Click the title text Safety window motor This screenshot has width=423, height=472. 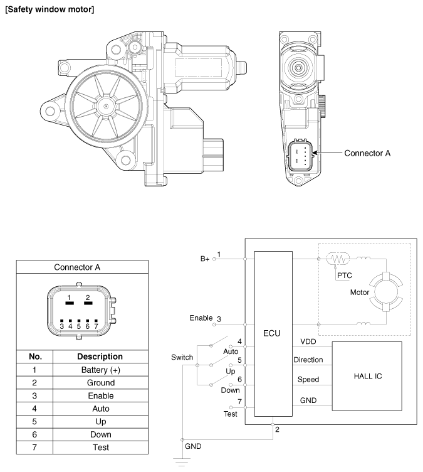click(x=50, y=9)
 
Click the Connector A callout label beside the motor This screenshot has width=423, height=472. click(x=368, y=153)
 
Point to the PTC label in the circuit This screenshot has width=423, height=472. click(x=345, y=274)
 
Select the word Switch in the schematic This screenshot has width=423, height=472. click(x=182, y=357)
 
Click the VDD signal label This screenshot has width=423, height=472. click(x=308, y=342)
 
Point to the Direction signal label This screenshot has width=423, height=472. click(x=308, y=360)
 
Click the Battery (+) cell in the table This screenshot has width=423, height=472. click(x=100, y=370)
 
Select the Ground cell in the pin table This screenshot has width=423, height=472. click(x=100, y=383)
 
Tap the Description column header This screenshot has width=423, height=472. click(x=100, y=356)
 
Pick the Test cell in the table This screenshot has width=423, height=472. click(x=100, y=448)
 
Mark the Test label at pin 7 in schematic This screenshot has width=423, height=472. click(x=231, y=415)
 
